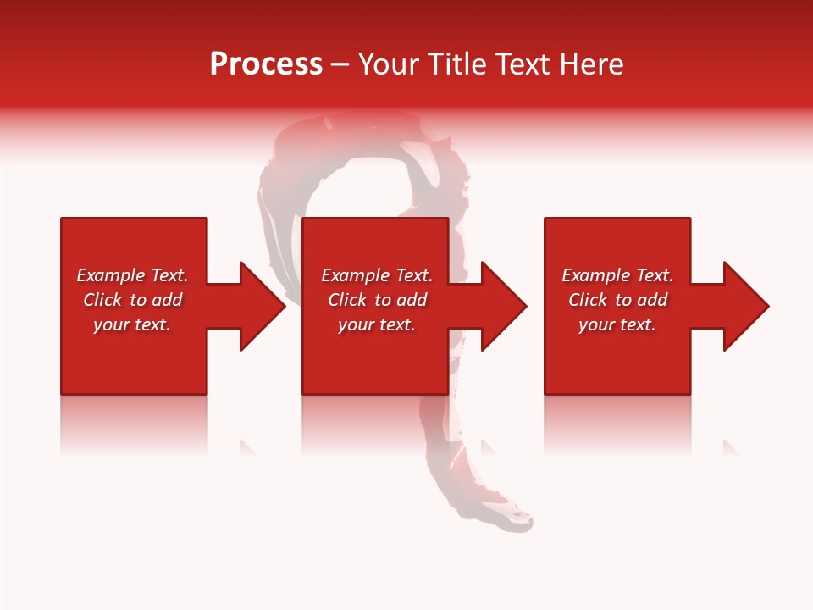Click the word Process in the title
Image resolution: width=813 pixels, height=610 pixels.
point(266,64)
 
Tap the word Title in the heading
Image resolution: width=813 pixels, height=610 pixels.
point(456,64)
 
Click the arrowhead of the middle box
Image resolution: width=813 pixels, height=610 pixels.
point(503,306)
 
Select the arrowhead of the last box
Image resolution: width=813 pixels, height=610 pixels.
point(744,306)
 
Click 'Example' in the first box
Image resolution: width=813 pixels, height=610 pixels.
point(111,275)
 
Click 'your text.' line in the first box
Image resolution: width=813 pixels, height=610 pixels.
point(132,324)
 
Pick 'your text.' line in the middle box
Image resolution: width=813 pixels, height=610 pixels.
point(376,324)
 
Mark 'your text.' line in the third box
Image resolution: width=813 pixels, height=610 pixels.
point(617,324)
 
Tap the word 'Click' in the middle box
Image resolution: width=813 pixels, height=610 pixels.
point(347,300)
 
